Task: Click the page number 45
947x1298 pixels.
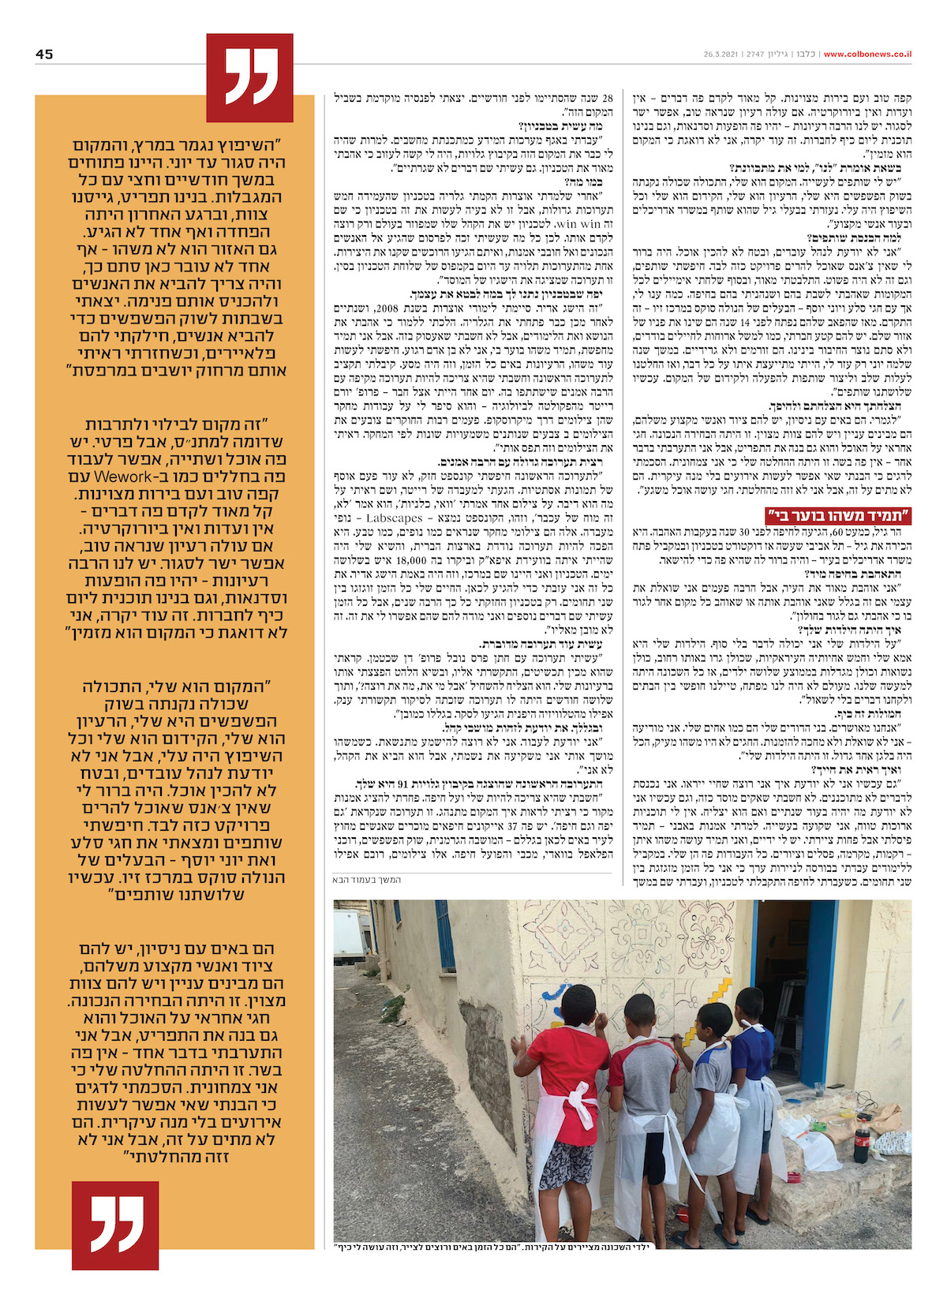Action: point(44,54)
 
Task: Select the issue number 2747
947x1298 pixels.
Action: point(756,54)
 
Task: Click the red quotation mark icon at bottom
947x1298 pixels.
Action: point(115,1224)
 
